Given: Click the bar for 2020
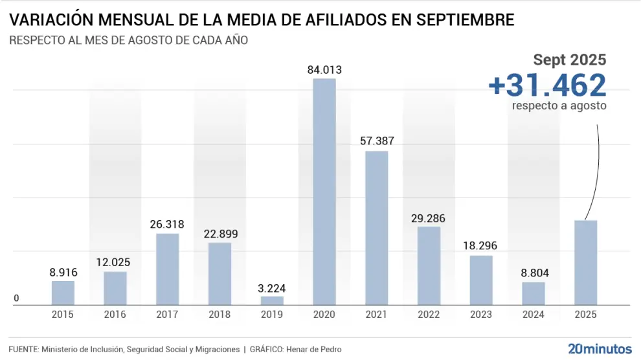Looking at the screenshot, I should pos(324,192).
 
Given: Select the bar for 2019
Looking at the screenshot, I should pos(272,300).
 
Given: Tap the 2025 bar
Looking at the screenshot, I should pos(585,262).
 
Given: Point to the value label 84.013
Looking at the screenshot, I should pos(324,70).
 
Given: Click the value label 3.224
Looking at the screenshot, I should pos(272,288).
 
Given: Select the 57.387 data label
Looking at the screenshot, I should pos(376,142).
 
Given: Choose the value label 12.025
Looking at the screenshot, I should pos(115,263).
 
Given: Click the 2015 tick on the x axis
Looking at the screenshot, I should pos(63,315).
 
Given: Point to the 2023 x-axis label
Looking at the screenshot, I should pos(481,315).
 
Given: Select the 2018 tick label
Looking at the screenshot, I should pos(219,315).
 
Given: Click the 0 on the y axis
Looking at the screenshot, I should pos(16,298).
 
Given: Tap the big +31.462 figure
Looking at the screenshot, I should pos(547,85).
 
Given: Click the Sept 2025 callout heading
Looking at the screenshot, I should pos(570,60).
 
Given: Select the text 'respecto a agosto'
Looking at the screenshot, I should pos(559,105).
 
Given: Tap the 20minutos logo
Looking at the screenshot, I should pos(600,349).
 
